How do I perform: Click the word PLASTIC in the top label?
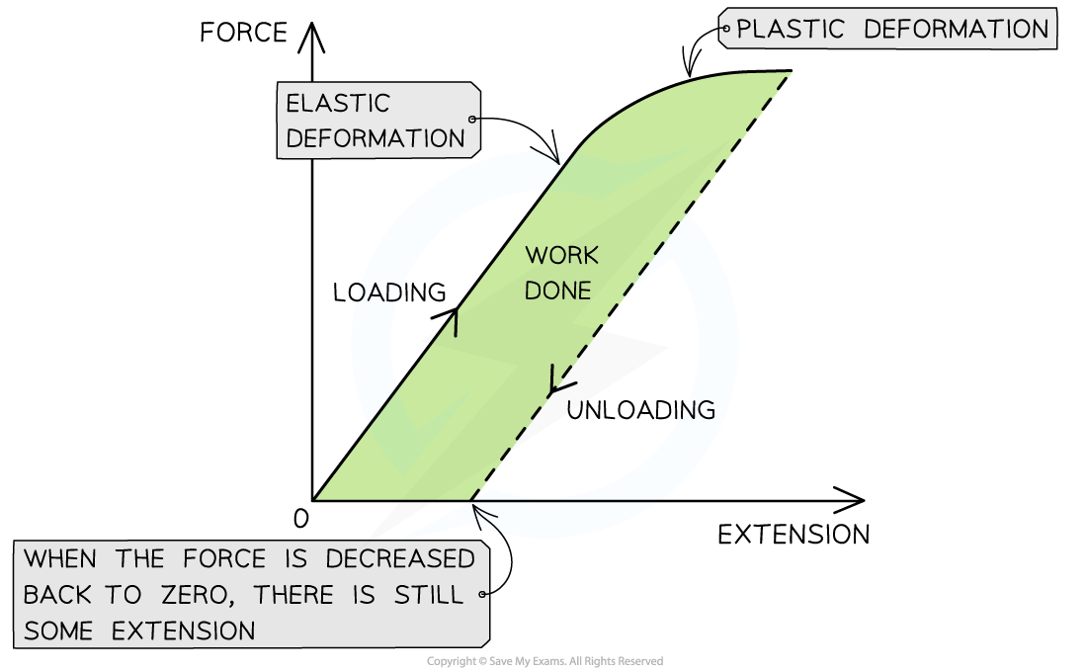point(788,30)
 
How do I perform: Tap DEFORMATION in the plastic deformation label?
point(956,30)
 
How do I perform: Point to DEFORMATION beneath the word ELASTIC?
point(375,138)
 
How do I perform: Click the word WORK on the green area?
point(561,256)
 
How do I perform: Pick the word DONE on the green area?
point(557,291)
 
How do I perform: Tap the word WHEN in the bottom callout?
point(61,559)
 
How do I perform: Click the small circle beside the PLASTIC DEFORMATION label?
point(725,30)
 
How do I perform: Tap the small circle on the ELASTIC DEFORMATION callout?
point(472,120)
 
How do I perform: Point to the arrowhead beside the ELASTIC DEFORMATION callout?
point(549,156)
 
